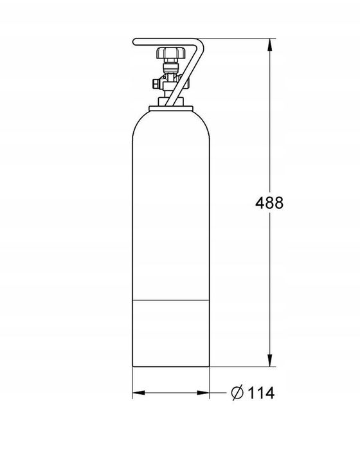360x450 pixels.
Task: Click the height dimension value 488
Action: coord(269,203)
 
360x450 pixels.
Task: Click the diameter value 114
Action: coord(260,393)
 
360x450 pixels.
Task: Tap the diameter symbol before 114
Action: coord(237,392)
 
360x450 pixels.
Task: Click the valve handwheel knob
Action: coord(170,53)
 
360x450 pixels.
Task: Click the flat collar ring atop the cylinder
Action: coord(171,108)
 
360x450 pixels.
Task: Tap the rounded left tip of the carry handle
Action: coord(134,42)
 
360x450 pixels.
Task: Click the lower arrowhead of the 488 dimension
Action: coord(269,360)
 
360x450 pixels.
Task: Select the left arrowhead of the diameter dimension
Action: coord(139,393)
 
